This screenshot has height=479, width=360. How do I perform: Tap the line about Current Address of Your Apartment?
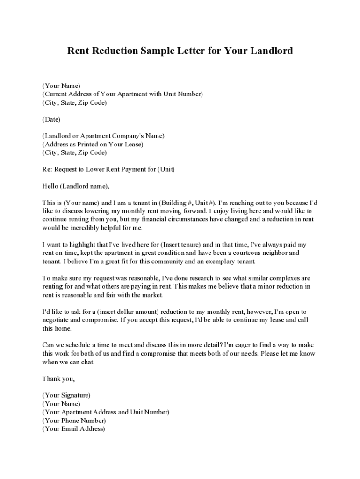122,94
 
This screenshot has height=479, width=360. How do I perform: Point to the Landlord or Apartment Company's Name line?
103,136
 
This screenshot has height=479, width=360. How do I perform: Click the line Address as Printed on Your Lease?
93,145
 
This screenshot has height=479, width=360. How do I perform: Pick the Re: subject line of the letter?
108,169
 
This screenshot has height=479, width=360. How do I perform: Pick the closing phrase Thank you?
58,378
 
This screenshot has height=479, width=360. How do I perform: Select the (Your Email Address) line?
73,428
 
